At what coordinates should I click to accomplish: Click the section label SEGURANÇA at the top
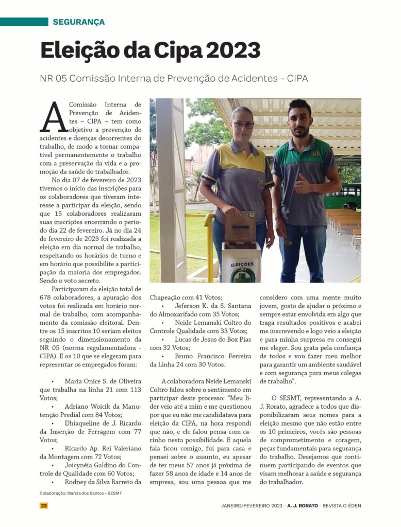[78, 22]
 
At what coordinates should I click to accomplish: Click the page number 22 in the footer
[44, 505]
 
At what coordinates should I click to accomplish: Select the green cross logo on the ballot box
[243, 274]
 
